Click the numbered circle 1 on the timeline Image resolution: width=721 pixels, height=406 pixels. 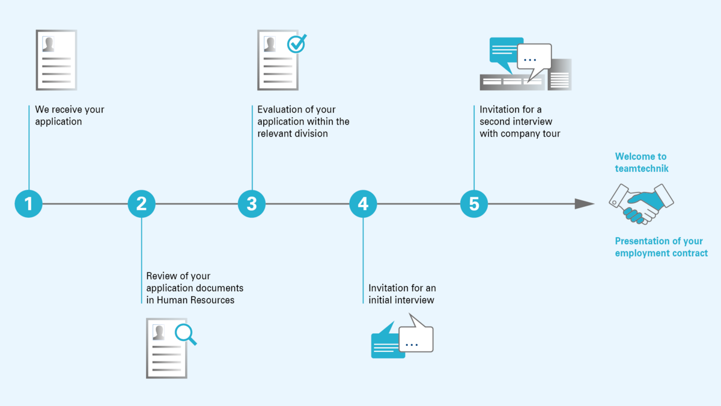[x=29, y=204]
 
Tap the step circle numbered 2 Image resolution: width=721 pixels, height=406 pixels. [x=142, y=204]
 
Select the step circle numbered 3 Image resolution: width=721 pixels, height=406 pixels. [x=252, y=204]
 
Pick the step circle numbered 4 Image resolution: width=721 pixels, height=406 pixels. [x=363, y=204]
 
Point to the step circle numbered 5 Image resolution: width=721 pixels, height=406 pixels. [x=474, y=204]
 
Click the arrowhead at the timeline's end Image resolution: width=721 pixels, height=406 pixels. [x=585, y=204]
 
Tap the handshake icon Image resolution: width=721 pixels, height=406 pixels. [x=641, y=204]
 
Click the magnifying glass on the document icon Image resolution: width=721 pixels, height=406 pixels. [x=186, y=334]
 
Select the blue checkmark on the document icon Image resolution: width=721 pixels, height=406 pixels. [x=297, y=43]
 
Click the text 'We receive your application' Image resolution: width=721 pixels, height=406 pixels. [x=70, y=115]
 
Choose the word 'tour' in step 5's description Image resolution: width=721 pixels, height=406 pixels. [x=552, y=134]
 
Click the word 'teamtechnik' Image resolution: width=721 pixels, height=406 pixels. [x=642, y=168]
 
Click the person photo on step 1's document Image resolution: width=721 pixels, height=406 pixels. [x=48, y=44]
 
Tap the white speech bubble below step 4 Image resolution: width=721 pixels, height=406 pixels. [x=416, y=336]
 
